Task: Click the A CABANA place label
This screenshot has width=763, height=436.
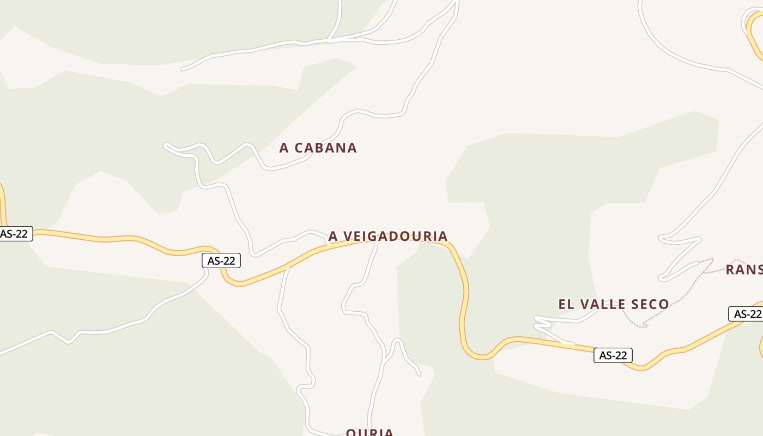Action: pos(318,148)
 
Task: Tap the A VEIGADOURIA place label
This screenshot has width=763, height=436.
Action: pos(387,236)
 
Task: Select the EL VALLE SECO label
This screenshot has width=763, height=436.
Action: pos(613,304)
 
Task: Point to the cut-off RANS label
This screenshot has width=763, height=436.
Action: pos(744,269)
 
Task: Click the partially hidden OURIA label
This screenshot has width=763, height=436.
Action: pos(370,432)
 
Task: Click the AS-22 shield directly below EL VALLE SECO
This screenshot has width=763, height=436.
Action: pos(613,355)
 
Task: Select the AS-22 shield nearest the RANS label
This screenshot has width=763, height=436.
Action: pos(746,314)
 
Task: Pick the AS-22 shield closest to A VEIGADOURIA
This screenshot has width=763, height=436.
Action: pos(221,261)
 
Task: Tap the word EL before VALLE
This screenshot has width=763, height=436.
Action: pos(566,304)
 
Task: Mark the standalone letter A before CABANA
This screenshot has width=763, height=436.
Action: pos(284,148)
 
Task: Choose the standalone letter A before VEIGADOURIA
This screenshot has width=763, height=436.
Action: pos(333,236)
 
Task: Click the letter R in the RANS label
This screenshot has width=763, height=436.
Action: pos(731,269)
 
